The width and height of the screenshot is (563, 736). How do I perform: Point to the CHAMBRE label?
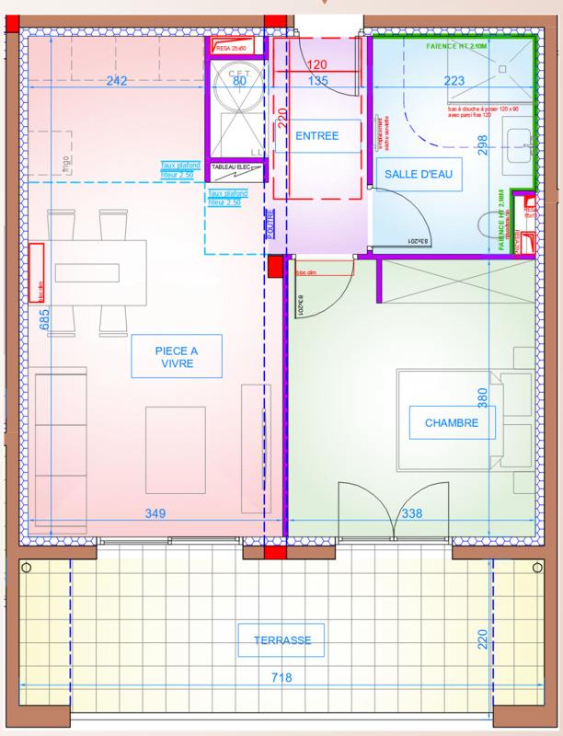click(451, 424)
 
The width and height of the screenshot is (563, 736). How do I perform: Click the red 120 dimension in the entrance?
click(317, 65)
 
